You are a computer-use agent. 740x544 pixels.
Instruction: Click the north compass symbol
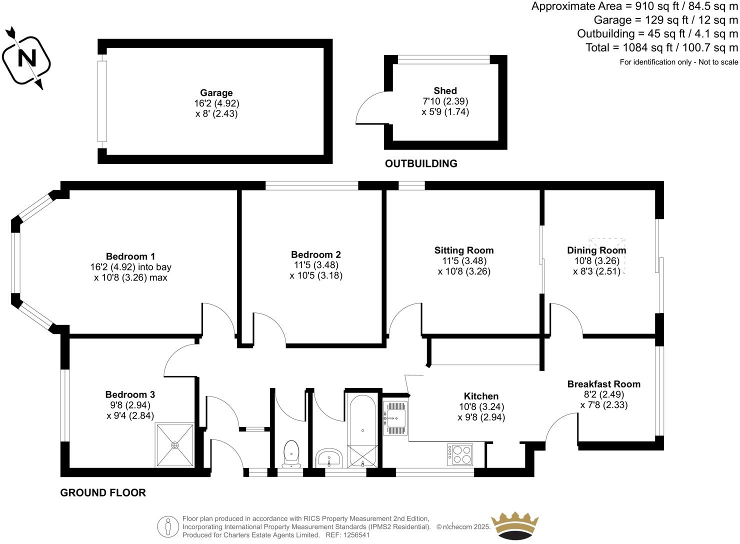pyautogui.click(x=26, y=59)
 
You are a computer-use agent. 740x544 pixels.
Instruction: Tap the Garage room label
pyautogui.click(x=216, y=92)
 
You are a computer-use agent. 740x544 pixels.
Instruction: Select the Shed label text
pyautogui.click(x=444, y=90)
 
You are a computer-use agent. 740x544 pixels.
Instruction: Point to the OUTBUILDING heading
pyautogui.click(x=421, y=163)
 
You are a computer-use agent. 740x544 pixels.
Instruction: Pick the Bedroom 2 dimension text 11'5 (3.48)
pyautogui.click(x=316, y=265)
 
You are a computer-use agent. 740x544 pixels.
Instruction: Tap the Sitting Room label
pyautogui.click(x=463, y=250)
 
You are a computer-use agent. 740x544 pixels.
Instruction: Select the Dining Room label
pyautogui.click(x=596, y=250)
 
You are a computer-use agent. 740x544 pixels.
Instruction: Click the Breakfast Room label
pyautogui.click(x=603, y=384)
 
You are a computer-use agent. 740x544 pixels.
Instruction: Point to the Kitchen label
pyautogui.click(x=480, y=396)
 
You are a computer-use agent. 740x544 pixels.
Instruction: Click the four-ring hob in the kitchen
pyautogui.click(x=460, y=454)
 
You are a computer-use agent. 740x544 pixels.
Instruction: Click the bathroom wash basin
pyautogui.click(x=328, y=457)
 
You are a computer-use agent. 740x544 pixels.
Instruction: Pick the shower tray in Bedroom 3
pyautogui.click(x=174, y=445)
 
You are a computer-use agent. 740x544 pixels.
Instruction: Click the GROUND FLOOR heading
pyautogui.click(x=103, y=492)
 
